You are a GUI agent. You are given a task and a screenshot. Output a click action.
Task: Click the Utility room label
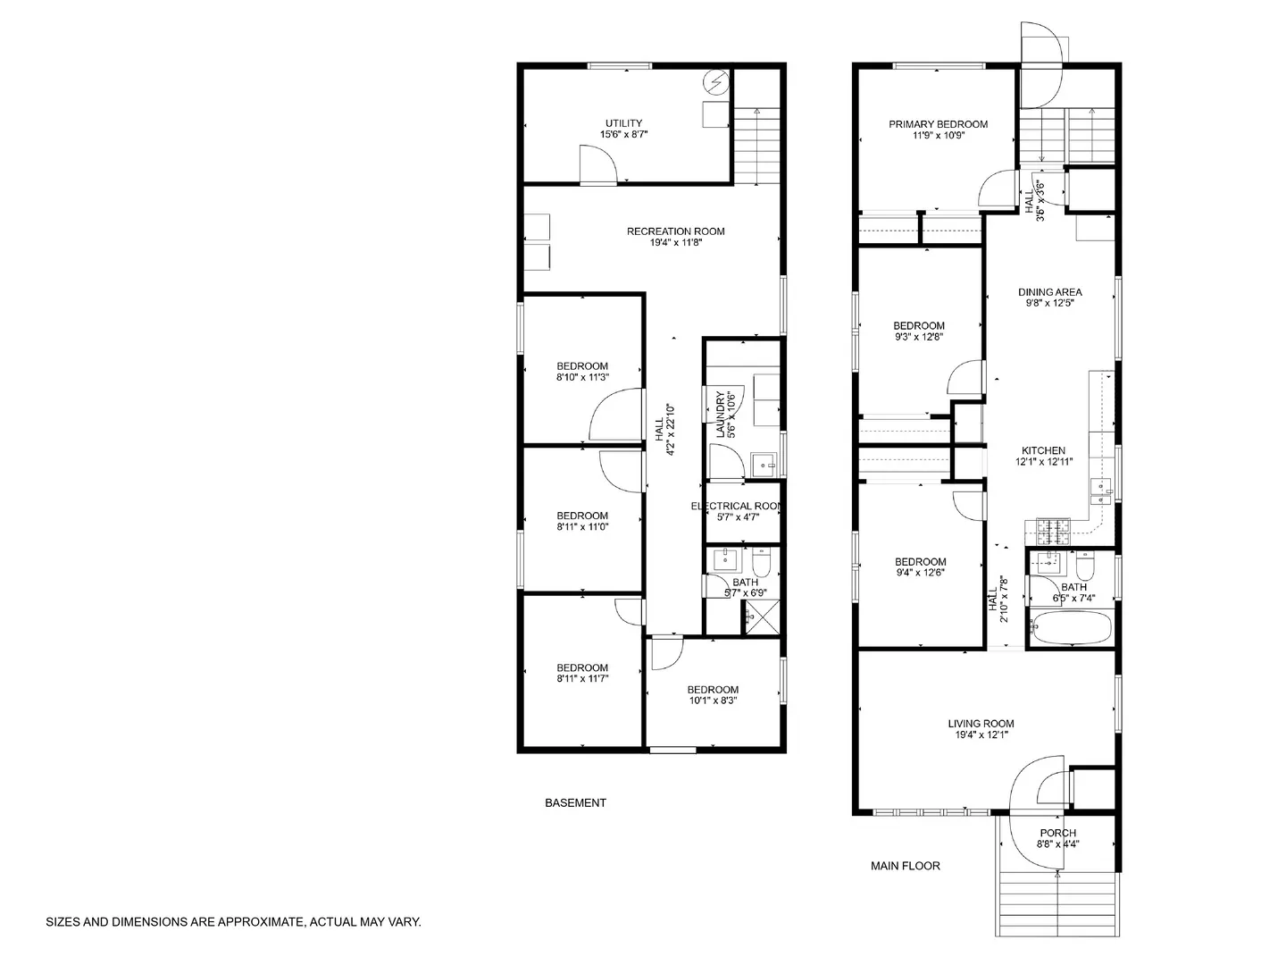(623, 123)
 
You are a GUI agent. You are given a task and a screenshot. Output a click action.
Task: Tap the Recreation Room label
(675, 231)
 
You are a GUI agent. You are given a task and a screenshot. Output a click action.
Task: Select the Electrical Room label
(738, 507)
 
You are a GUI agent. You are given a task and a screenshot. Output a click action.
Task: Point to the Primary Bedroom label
(938, 124)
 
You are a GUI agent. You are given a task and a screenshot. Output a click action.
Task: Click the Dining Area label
(1049, 292)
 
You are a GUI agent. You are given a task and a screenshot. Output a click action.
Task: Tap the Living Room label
(981, 724)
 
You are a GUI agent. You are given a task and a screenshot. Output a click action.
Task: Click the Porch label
(1057, 833)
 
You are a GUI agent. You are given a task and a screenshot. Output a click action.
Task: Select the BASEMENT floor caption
(575, 802)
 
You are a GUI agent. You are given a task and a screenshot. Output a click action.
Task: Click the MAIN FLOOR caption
(905, 865)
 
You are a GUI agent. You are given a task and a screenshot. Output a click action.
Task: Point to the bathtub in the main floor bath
(1071, 627)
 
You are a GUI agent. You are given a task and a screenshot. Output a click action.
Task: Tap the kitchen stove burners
(1054, 532)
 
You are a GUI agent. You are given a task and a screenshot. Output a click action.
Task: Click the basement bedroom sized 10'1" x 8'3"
(713, 695)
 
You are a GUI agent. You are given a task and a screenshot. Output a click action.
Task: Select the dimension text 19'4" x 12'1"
(981, 735)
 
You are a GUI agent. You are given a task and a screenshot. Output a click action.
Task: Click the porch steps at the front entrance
(1056, 902)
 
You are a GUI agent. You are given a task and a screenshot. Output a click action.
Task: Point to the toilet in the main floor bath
(1085, 566)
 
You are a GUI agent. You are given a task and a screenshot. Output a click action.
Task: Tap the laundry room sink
(764, 463)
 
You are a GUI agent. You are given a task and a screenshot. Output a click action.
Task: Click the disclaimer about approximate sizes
(233, 921)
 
